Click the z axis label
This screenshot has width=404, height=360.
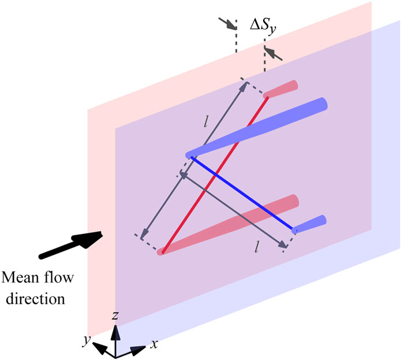click(x=116, y=316)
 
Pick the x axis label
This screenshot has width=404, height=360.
click(x=154, y=344)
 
